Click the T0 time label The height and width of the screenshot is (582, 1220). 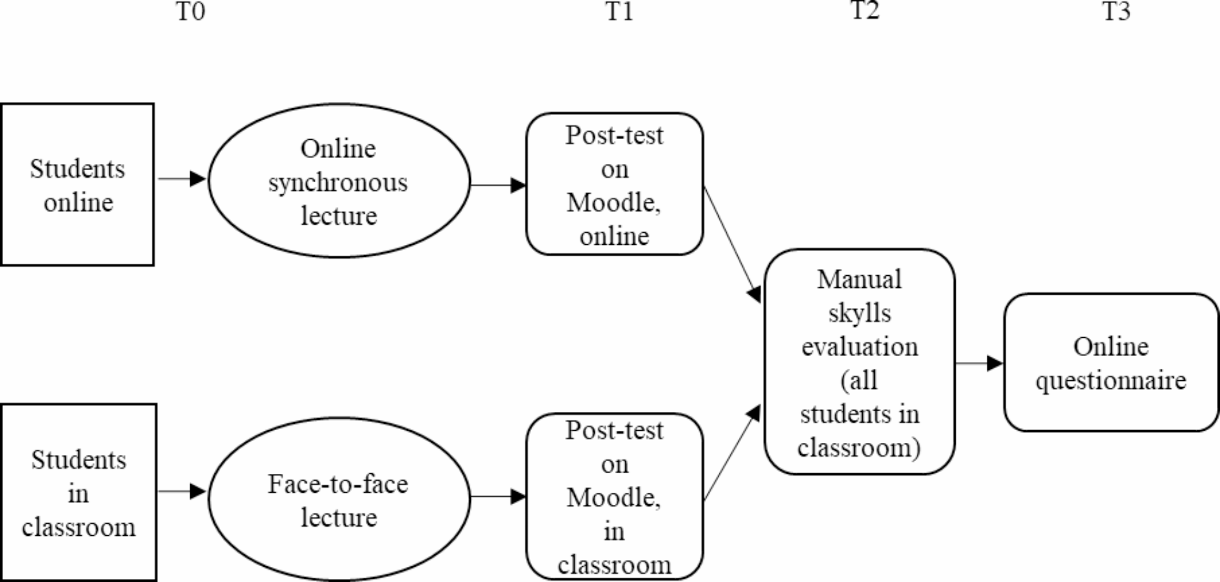(190, 12)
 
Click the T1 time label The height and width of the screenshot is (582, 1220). (620, 12)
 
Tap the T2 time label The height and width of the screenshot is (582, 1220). (865, 10)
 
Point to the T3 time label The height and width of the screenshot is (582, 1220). (1117, 12)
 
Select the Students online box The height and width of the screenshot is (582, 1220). (78, 185)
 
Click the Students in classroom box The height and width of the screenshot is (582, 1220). (78, 493)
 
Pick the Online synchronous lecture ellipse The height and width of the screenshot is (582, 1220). (338, 181)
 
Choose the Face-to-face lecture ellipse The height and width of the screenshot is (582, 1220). (338, 499)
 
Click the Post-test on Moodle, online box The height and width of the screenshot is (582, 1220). (614, 184)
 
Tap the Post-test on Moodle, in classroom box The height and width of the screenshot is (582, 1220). (614, 497)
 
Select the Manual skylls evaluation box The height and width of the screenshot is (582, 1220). (859, 362)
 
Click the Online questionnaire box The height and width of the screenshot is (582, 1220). (1111, 363)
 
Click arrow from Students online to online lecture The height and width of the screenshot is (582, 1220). (181, 179)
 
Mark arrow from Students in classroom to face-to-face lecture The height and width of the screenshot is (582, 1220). (181, 491)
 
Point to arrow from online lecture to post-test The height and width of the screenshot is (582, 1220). (497, 185)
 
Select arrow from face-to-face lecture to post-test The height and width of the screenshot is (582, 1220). (497, 497)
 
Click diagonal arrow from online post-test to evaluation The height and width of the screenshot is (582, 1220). (732, 243)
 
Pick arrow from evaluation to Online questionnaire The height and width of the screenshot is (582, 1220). (978, 363)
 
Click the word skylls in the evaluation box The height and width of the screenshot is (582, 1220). (859, 313)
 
